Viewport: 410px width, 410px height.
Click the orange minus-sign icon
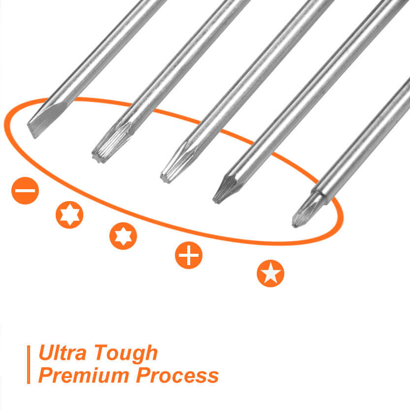pos(25,191)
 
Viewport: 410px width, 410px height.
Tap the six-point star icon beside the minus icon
pos(69,215)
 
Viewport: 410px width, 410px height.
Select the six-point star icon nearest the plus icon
pos(123,236)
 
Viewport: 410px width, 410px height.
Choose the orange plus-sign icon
pos(189,255)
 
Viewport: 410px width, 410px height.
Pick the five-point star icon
pos(271,273)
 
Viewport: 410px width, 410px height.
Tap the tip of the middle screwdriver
pos(165,178)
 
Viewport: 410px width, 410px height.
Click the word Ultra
pos(62,352)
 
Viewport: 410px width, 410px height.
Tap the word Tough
pos(126,353)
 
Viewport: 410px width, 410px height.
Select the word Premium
pos(84,375)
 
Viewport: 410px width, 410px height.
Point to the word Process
pos(177,375)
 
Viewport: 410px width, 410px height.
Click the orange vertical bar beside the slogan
pos(29,365)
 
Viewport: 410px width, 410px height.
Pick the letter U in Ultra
pos(46,352)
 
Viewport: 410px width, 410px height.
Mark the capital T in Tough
pos(102,352)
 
